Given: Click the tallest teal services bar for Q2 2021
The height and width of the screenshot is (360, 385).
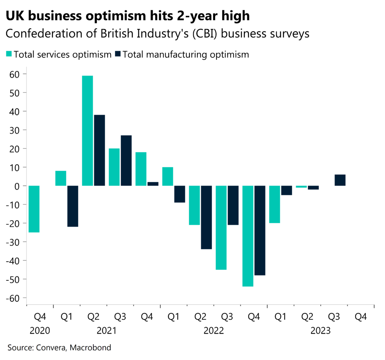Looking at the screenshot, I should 87,130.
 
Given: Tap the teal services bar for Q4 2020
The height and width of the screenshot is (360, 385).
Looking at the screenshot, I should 34,209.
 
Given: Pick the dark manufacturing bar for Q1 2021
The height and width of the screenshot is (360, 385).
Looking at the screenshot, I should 73,206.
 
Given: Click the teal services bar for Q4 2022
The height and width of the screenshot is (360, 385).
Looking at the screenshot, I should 248,236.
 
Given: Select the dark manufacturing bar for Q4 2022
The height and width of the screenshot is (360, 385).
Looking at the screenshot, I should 260,230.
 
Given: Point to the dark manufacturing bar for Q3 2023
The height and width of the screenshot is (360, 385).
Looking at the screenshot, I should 340,180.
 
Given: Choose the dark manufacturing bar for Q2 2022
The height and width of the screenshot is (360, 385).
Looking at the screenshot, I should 206,217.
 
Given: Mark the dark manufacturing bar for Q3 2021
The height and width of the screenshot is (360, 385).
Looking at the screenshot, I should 126,160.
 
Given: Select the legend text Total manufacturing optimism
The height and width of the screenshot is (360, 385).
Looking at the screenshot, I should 186,54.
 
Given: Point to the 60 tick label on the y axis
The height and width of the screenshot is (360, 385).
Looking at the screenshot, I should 16,74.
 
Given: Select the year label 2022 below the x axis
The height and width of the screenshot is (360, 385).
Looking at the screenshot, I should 214,331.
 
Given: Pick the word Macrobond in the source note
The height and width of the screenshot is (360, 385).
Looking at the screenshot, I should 92,347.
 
